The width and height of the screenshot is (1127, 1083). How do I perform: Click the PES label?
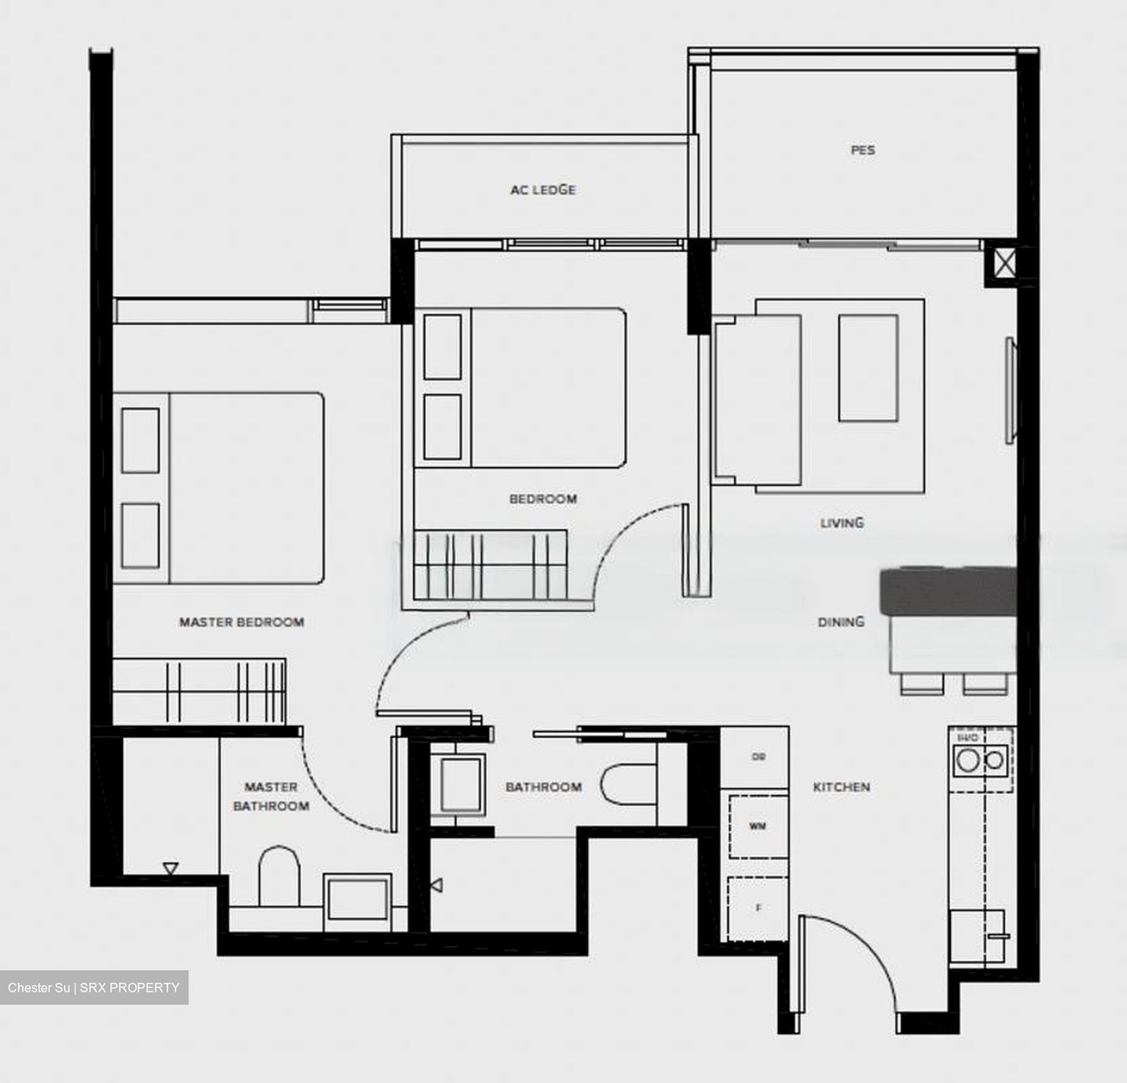click(x=862, y=149)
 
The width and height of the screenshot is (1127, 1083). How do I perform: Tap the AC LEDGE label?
click(x=542, y=189)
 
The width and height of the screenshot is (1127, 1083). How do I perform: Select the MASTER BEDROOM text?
click(x=241, y=622)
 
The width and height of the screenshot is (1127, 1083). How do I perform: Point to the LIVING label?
click(x=841, y=523)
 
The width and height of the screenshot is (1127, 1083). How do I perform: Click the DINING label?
click(x=841, y=622)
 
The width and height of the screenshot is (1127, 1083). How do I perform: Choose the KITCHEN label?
click(x=841, y=786)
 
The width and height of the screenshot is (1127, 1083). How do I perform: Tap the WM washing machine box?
click(x=758, y=826)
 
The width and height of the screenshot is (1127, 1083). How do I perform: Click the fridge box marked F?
click(x=758, y=908)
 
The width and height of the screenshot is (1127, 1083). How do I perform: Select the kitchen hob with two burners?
click(x=981, y=760)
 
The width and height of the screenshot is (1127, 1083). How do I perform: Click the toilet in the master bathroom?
click(x=279, y=876)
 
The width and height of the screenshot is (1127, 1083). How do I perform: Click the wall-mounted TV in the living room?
click(x=1010, y=391)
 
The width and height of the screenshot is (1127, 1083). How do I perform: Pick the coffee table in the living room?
click(x=868, y=369)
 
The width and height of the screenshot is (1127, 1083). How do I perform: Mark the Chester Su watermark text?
click(x=94, y=988)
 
